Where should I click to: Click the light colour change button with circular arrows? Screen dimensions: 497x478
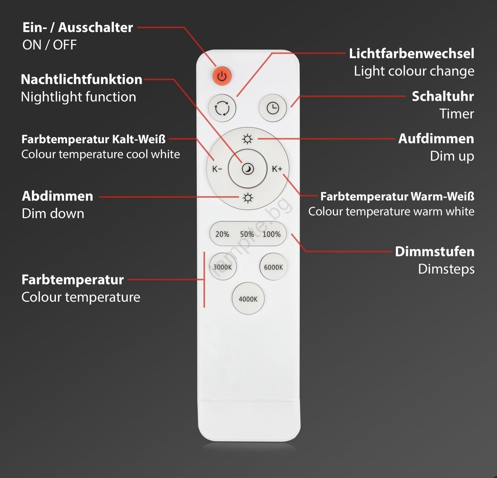[222, 108]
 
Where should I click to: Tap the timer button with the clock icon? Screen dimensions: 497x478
[273, 108]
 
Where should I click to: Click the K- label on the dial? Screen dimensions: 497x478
[217, 169]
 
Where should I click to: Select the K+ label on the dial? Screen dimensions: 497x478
[277, 169]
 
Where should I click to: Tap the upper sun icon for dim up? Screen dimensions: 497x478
[248, 139]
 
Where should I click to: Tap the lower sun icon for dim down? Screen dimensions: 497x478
[248, 198]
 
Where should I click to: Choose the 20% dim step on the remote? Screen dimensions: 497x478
[222, 234]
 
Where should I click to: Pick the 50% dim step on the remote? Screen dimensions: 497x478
[247, 234]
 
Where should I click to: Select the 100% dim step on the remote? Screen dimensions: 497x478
[271, 234]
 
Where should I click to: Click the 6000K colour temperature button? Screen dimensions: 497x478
[273, 267]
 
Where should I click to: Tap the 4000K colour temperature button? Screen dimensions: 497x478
[248, 298]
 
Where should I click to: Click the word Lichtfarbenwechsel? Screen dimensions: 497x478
[412, 53]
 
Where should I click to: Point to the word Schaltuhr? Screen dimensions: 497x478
[443, 97]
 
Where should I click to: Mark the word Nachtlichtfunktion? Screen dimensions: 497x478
[82, 80]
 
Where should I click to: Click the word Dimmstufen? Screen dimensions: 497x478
[435, 252]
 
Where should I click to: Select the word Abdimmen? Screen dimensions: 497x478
[58, 197]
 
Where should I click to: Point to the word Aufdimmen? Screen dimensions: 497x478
[436, 139]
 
